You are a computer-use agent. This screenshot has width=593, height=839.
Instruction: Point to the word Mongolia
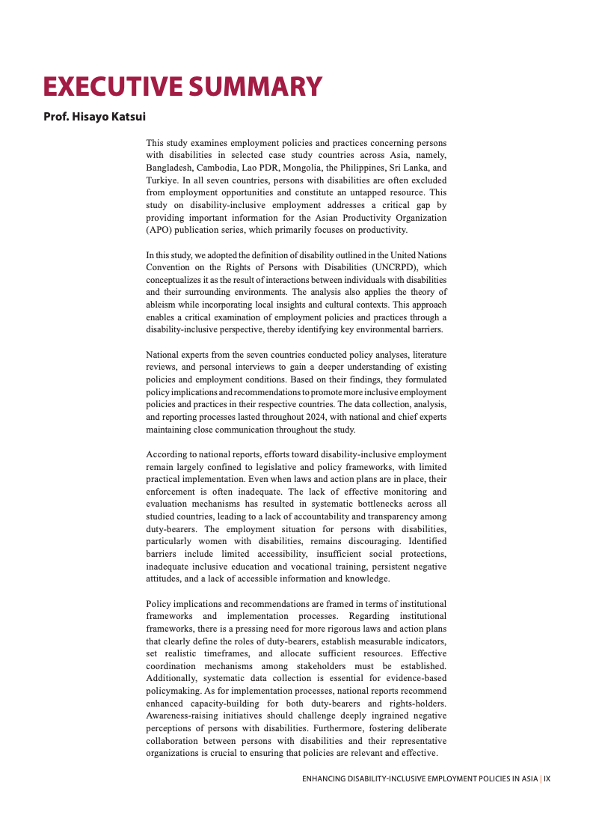292,168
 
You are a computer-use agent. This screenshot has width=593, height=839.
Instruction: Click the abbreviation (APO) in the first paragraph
159,230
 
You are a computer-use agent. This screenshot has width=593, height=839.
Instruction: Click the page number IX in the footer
547,778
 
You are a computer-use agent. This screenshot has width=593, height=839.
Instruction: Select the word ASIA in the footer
529,778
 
